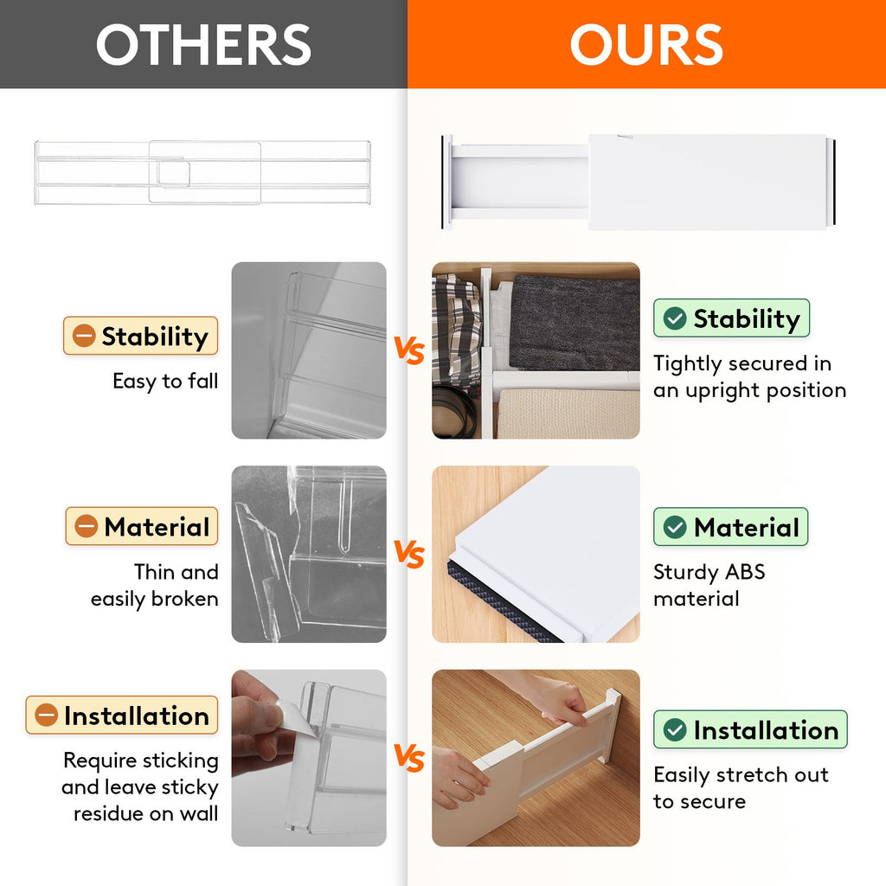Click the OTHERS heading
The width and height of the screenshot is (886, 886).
[203, 44]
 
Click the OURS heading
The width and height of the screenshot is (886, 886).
[646, 44]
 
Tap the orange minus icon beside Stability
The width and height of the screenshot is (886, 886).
[84, 337]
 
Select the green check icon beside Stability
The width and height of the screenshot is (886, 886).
[675, 319]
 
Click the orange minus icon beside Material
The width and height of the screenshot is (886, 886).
[87, 527]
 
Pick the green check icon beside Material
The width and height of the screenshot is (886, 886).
[675, 527]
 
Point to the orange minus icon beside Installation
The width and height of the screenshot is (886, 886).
[46, 716]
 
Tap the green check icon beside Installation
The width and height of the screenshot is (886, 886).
[675, 730]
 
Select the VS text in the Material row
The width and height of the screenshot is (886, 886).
[409, 555]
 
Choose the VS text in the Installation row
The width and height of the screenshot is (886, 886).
[409, 759]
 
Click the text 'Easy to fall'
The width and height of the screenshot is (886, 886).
[165, 381]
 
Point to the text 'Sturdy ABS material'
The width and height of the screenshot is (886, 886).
[709, 586]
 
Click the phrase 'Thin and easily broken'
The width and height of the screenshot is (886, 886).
[156, 586]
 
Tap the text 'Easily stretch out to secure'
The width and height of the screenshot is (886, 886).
[740, 788]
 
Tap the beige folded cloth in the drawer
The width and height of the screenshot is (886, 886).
[568, 414]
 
